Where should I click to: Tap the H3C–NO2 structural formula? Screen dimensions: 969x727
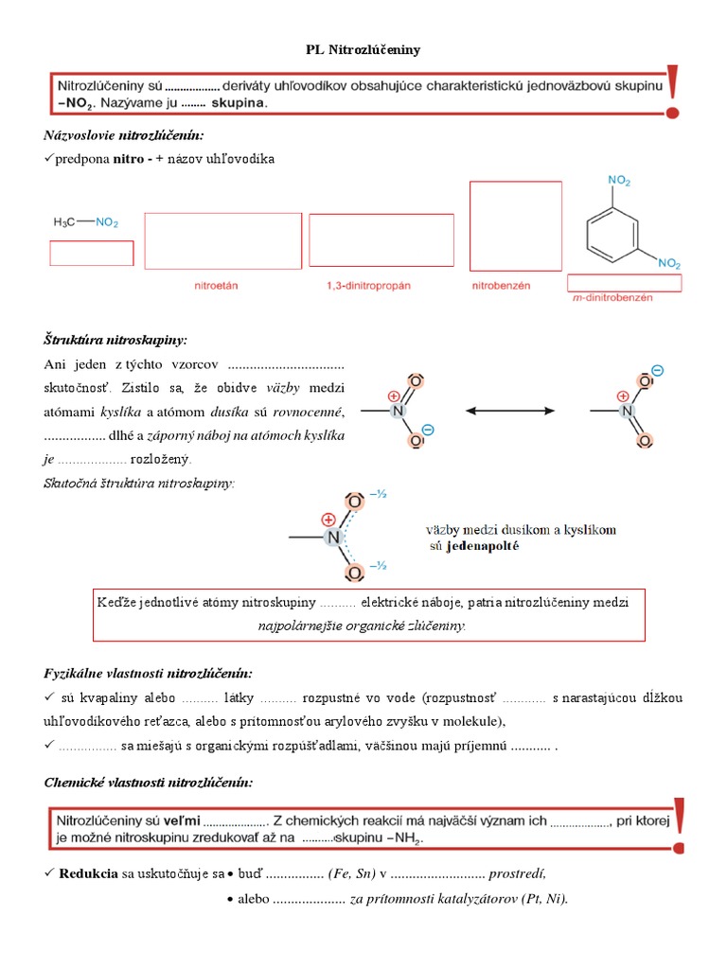click(85, 221)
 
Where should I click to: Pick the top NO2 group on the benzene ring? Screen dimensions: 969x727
click(618, 181)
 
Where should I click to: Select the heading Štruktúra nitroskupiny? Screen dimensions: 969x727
click(115, 340)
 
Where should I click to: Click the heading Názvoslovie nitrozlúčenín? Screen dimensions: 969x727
click(123, 136)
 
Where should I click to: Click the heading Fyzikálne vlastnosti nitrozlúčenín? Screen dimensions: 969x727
click(148, 673)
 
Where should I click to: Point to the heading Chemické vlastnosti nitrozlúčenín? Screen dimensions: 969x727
click(149, 783)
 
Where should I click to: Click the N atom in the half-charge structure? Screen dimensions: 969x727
click(332, 538)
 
